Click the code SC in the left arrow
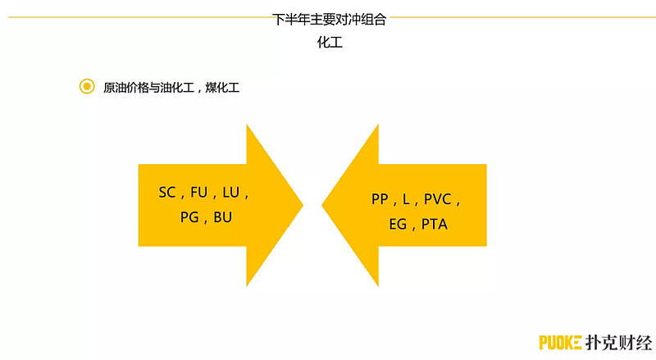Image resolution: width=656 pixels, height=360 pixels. click(167, 193)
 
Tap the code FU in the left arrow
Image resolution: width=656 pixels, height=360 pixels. click(198, 193)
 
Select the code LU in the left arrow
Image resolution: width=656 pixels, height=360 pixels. click(231, 193)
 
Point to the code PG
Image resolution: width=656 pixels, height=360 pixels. click(189, 217)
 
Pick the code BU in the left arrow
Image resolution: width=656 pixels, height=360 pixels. click(222, 217)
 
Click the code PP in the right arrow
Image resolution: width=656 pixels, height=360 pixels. click(380, 199)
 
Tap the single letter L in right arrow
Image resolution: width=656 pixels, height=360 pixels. click(406, 199)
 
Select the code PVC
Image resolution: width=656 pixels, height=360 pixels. click(438, 199)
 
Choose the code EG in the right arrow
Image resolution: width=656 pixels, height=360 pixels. click(398, 225)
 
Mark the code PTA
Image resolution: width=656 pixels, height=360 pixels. click(435, 225)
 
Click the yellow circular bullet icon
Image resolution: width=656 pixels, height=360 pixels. click(87, 86)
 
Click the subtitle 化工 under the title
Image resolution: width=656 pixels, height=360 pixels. click(330, 43)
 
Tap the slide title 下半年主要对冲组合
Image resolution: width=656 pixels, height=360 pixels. click(330, 19)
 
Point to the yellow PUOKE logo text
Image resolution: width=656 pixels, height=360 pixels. click(560, 343)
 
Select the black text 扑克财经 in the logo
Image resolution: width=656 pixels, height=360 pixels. click(619, 343)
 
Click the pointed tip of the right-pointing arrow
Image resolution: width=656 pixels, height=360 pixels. click(303, 205)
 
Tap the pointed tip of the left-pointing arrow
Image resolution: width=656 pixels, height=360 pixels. click(321, 205)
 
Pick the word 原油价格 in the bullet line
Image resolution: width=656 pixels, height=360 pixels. click(126, 88)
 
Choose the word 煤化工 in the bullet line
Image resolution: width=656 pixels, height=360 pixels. click(222, 88)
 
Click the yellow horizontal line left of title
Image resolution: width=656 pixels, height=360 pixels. click(140, 17)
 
